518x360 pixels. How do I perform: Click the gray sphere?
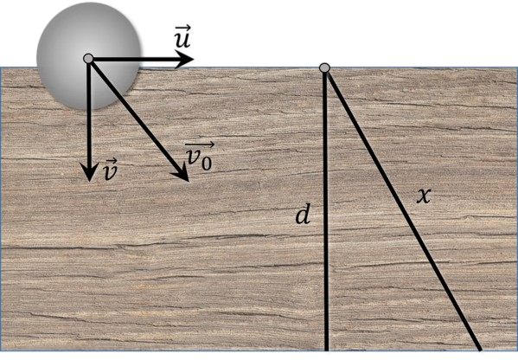pyautogui.click(x=88, y=56)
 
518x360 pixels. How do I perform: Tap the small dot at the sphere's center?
pyautogui.click(x=88, y=59)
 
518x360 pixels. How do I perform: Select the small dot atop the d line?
pyautogui.click(x=325, y=67)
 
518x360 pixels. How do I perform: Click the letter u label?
pyautogui.click(x=182, y=40)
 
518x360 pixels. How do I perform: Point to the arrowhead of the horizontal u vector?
pyautogui.click(x=184, y=60)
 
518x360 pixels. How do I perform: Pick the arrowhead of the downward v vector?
pyautogui.click(x=89, y=171)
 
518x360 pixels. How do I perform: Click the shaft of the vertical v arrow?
pyautogui.click(x=89, y=112)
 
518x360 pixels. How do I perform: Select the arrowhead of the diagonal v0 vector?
pyautogui.click(x=181, y=173)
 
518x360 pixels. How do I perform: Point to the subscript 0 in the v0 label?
pyautogui.click(x=207, y=163)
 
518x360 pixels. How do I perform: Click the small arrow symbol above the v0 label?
pyautogui.click(x=200, y=145)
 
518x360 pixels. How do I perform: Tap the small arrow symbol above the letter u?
pyautogui.click(x=182, y=27)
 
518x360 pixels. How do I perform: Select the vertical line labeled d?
pyautogui.click(x=326, y=211)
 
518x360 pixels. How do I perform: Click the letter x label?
pyautogui.click(x=424, y=196)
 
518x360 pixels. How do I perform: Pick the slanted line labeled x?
pyautogui.click(x=403, y=211)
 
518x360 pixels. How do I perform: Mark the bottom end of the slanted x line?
pyautogui.click(x=479, y=350)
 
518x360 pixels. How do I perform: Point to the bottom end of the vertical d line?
pyautogui.click(x=326, y=350)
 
